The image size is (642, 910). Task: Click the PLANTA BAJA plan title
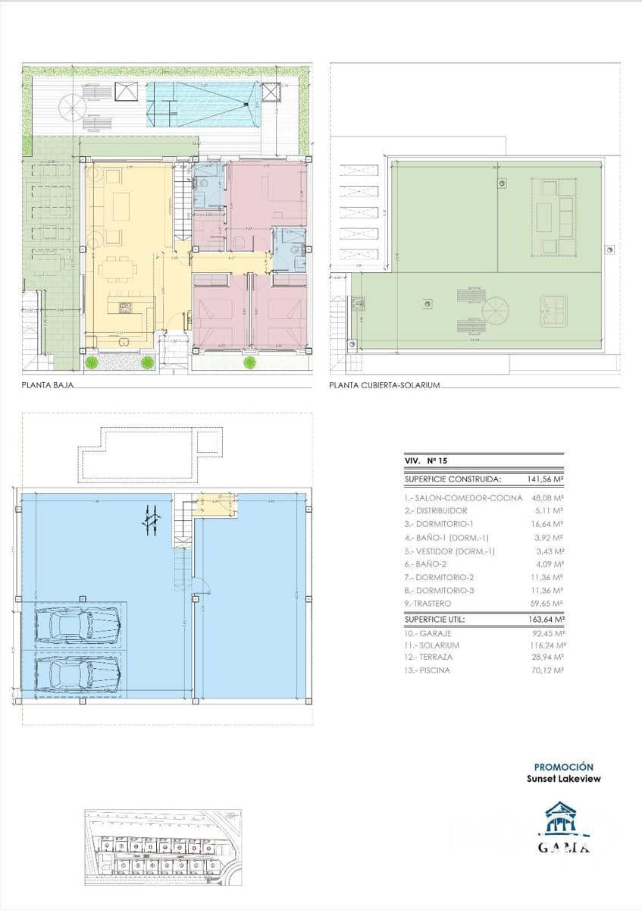click(48, 386)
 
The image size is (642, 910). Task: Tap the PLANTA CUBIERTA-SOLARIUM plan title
click(385, 386)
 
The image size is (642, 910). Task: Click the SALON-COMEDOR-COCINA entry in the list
click(464, 497)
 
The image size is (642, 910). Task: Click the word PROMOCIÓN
click(564, 767)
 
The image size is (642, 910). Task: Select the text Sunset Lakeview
click(564, 779)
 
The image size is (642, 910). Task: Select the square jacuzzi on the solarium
click(555, 309)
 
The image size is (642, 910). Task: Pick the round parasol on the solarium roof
click(496, 311)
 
